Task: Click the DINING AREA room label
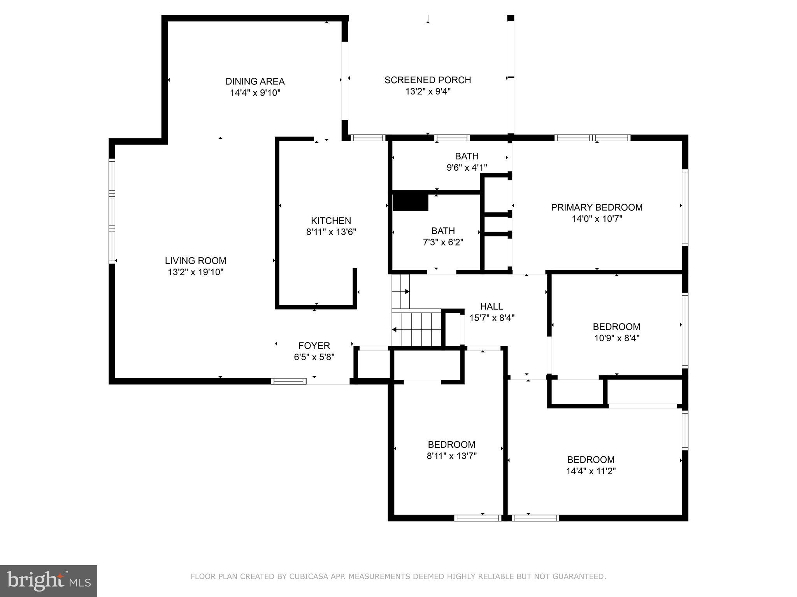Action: pyautogui.click(x=255, y=81)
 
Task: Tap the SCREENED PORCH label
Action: pyautogui.click(x=428, y=80)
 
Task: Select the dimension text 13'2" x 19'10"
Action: pyautogui.click(x=195, y=272)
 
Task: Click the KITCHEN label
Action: pyautogui.click(x=331, y=220)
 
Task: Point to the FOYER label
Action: pyautogui.click(x=314, y=346)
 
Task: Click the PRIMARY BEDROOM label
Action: pyautogui.click(x=597, y=207)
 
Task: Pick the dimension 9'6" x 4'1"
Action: pyautogui.click(x=467, y=168)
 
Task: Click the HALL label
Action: pyautogui.click(x=492, y=306)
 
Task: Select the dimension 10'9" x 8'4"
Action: pyautogui.click(x=616, y=338)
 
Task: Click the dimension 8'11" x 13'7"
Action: pyautogui.click(x=451, y=456)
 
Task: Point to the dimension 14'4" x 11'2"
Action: pyautogui.click(x=590, y=471)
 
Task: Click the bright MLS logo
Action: pyautogui.click(x=49, y=581)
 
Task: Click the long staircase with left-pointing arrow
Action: pyautogui.click(x=416, y=328)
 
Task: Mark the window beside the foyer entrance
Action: pyautogui.click(x=288, y=381)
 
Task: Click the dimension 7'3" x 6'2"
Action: pyautogui.click(x=443, y=243)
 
